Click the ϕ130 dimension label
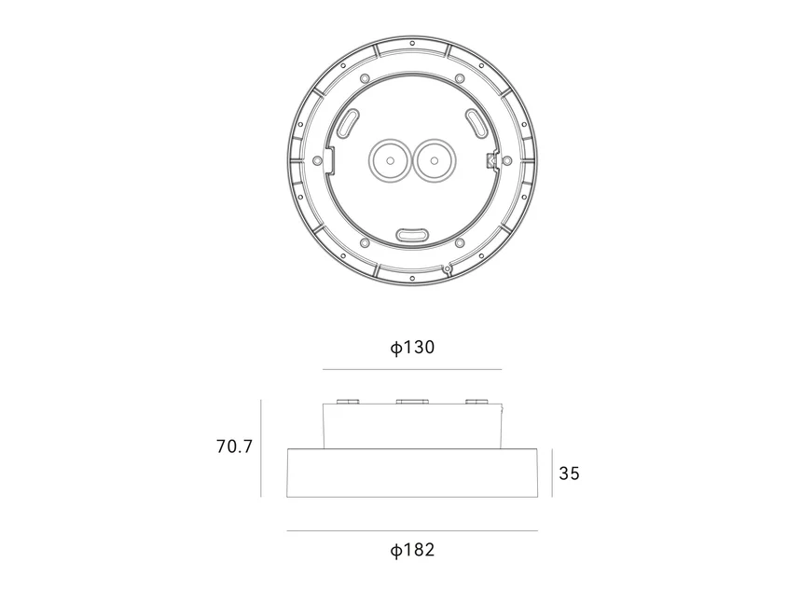(412, 347)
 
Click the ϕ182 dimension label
(412, 550)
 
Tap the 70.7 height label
(234, 446)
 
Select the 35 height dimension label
(569, 473)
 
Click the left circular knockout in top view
(390, 161)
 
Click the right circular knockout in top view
(435, 161)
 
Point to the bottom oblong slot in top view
(412, 234)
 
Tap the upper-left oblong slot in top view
(348, 123)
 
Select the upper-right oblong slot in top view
(476, 123)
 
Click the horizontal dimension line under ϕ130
(412, 370)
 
